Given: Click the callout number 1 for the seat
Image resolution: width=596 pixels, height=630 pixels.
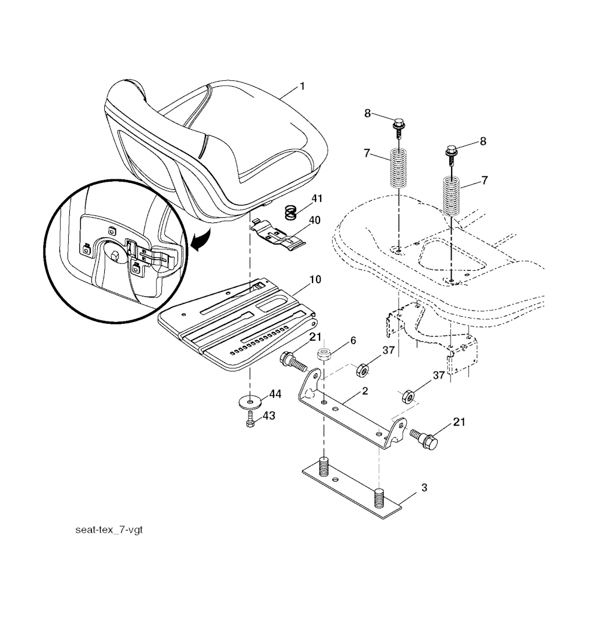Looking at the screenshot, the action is pyautogui.click(x=302, y=86).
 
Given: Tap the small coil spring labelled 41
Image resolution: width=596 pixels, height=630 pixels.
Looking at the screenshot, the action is pyautogui.click(x=291, y=212).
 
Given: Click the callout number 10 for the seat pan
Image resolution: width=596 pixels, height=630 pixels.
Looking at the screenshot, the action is pyautogui.click(x=315, y=279).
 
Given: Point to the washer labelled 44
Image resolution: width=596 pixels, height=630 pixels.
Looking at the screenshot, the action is pyautogui.click(x=250, y=401).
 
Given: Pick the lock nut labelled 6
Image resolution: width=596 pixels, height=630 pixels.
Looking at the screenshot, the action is pyautogui.click(x=324, y=354).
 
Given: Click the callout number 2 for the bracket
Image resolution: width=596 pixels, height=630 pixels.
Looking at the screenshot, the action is pyautogui.click(x=365, y=391).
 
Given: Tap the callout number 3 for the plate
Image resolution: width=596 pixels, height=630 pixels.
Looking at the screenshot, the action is pyautogui.click(x=424, y=488).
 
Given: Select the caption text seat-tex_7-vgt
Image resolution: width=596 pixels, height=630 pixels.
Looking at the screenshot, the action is pyautogui.click(x=109, y=529).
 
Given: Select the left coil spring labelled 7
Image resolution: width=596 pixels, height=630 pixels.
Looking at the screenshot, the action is pyautogui.click(x=399, y=167).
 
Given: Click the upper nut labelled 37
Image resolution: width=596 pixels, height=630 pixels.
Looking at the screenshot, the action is pyautogui.click(x=363, y=370).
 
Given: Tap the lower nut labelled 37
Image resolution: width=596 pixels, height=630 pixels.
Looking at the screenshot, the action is pyautogui.click(x=408, y=397).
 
